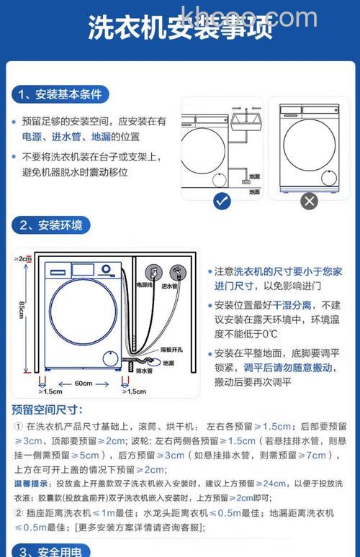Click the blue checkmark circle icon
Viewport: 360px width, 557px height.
pos(222,201)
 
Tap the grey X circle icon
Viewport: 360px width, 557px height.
pos(310,201)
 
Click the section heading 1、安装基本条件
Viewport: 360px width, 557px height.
pos(60,94)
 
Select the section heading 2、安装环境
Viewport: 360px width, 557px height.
pos(51,225)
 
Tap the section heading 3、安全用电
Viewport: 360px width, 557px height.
pos(51,551)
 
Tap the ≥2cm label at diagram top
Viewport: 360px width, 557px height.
pos(22,258)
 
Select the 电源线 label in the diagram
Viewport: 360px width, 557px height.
pos(145,286)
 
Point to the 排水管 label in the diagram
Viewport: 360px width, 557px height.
pos(144,371)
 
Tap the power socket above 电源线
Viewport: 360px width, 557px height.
pos(152,272)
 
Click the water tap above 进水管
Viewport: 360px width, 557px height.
pos(176,272)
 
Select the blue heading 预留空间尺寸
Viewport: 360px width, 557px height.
pos(47,410)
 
